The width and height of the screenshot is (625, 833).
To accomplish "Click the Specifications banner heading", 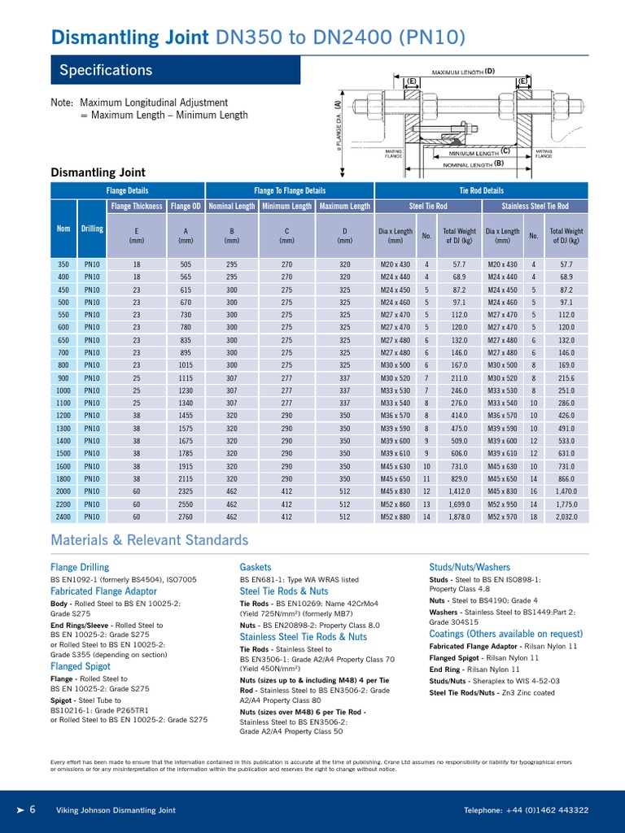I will point(106,71).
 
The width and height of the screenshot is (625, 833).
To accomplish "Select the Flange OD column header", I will point(186,207).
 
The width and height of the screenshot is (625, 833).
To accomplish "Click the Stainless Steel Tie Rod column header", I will point(535,207).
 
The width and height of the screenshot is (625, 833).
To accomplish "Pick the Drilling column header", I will point(92,229).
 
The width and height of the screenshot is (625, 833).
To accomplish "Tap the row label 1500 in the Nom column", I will point(63,453).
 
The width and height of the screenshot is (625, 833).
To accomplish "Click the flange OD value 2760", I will point(186,517).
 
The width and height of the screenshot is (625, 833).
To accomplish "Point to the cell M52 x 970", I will point(502,517).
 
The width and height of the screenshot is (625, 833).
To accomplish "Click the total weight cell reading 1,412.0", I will point(460,491).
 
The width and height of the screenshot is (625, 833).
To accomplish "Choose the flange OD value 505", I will point(186,264).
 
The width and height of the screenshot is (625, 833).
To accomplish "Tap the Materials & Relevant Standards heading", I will point(149,540).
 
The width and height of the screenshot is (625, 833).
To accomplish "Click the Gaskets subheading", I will point(256,566).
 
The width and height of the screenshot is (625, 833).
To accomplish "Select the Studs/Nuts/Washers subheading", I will point(470,566).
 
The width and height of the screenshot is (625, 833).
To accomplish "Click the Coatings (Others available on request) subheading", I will point(505,634).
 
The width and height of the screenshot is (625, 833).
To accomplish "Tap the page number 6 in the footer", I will point(33,809).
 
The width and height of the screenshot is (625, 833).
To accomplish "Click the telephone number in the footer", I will point(526,810).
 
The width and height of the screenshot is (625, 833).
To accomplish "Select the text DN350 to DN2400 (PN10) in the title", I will point(341,37).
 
